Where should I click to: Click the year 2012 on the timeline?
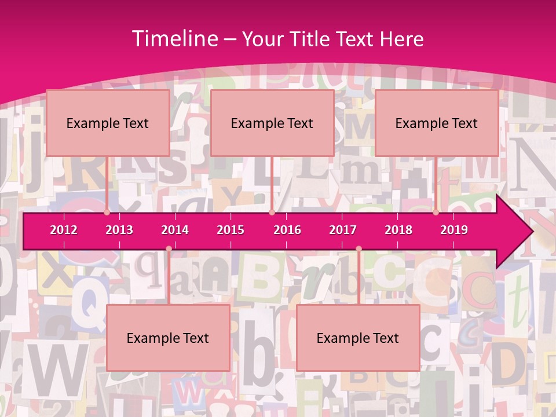click(64, 230)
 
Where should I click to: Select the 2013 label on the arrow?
click(119, 230)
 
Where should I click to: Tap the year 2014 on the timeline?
click(175, 230)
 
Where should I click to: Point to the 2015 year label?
click(231, 230)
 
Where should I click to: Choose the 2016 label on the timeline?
click(287, 230)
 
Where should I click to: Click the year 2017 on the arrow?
click(343, 230)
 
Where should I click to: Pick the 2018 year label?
click(398, 230)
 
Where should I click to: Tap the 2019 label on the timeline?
click(454, 230)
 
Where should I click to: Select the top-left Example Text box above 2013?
click(108, 123)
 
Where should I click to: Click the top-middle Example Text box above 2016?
click(272, 123)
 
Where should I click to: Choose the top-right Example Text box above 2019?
click(437, 123)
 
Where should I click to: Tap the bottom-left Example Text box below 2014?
click(168, 338)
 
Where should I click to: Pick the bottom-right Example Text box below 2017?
click(358, 338)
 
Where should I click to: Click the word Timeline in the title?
click(174, 39)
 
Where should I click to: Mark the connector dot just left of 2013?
click(107, 213)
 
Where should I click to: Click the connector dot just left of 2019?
click(436, 213)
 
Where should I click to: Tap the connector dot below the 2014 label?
click(169, 249)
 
